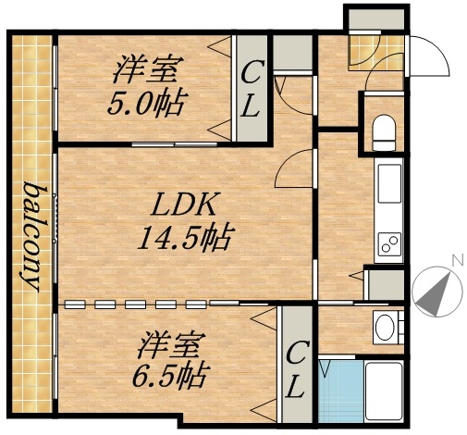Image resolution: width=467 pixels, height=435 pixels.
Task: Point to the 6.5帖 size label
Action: tap(168, 377)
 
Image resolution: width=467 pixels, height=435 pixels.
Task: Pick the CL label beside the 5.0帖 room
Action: tap(250, 89)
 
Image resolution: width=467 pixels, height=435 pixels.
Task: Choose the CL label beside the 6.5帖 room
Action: tap(295, 367)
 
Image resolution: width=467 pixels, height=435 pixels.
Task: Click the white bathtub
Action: tap(386, 389)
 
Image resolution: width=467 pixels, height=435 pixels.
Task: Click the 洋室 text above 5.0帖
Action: tap(147, 69)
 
